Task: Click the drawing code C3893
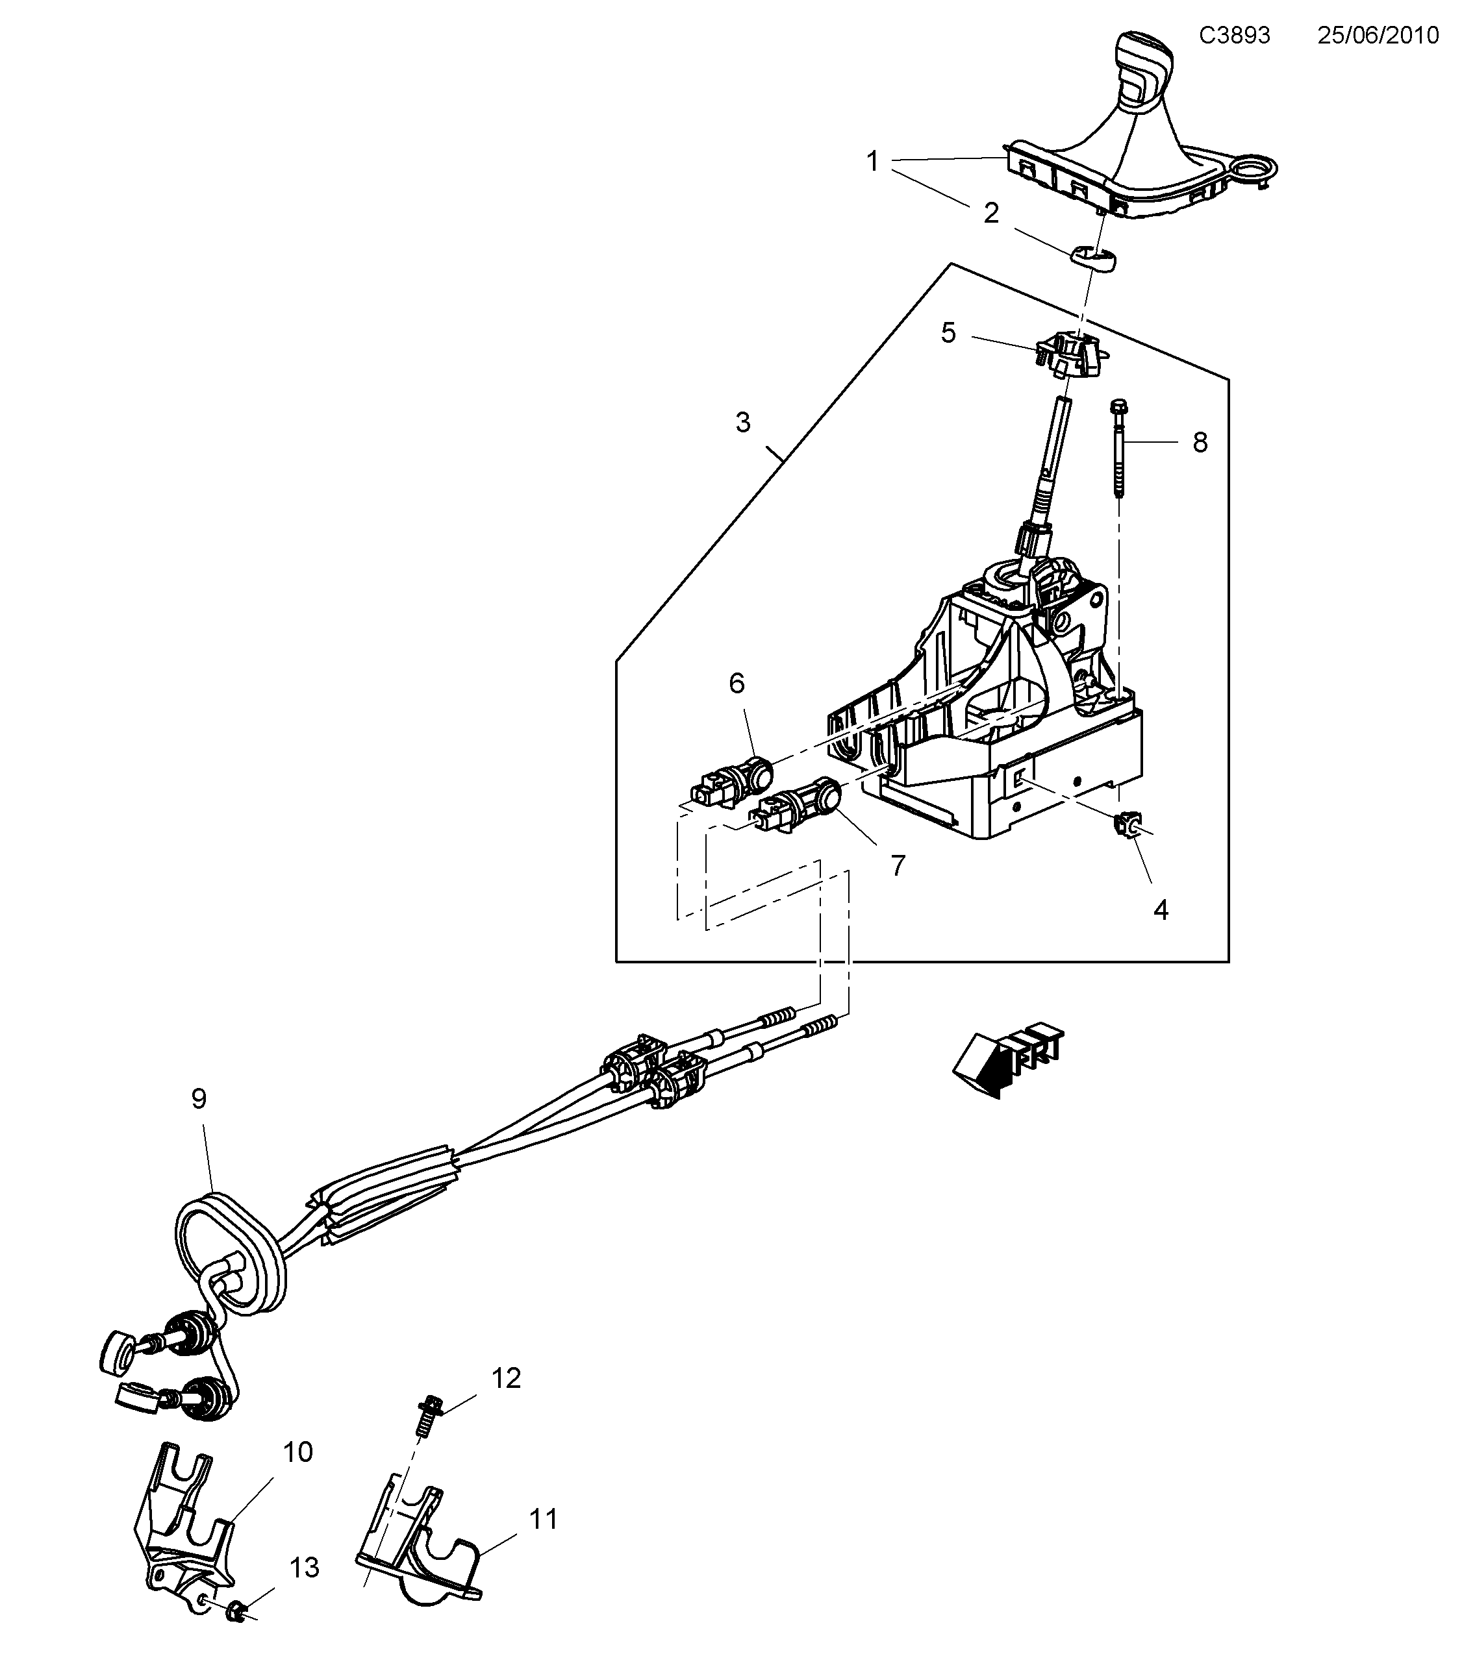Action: coord(1234,36)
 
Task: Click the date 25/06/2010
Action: coord(1378,36)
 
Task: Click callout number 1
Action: coord(873,162)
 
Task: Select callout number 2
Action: coord(991,214)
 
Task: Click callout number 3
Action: coord(742,422)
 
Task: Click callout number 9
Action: coord(199,1098)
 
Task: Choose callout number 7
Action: coord(897,865)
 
